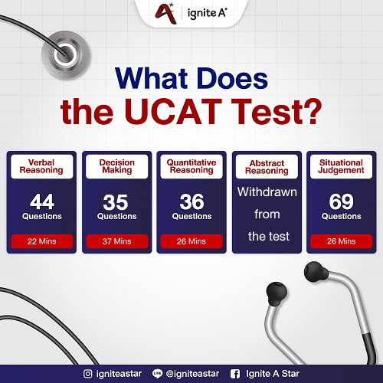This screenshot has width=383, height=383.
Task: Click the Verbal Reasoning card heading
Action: tap(41, 166)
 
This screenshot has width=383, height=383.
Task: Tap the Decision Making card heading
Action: tap(116, 166)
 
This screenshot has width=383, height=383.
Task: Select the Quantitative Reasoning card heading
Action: tap(191, 166)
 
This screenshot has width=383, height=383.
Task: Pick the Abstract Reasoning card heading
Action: tap(267, 166)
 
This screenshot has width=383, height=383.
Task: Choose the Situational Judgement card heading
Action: tap(342, 166)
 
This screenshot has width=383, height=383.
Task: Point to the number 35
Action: tap(116, 202)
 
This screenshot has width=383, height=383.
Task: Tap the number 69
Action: tap(342, 202)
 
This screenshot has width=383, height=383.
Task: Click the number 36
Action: tap(191, 202)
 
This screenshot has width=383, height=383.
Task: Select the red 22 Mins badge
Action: tap(41, 241)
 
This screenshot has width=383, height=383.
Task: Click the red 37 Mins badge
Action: tap(116, 241)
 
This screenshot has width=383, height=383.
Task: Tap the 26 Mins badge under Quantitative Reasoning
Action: tap(191, 241)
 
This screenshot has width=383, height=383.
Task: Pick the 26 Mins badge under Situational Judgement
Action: tap(342, 241)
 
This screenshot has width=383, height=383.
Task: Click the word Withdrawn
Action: tap(267, 191)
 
